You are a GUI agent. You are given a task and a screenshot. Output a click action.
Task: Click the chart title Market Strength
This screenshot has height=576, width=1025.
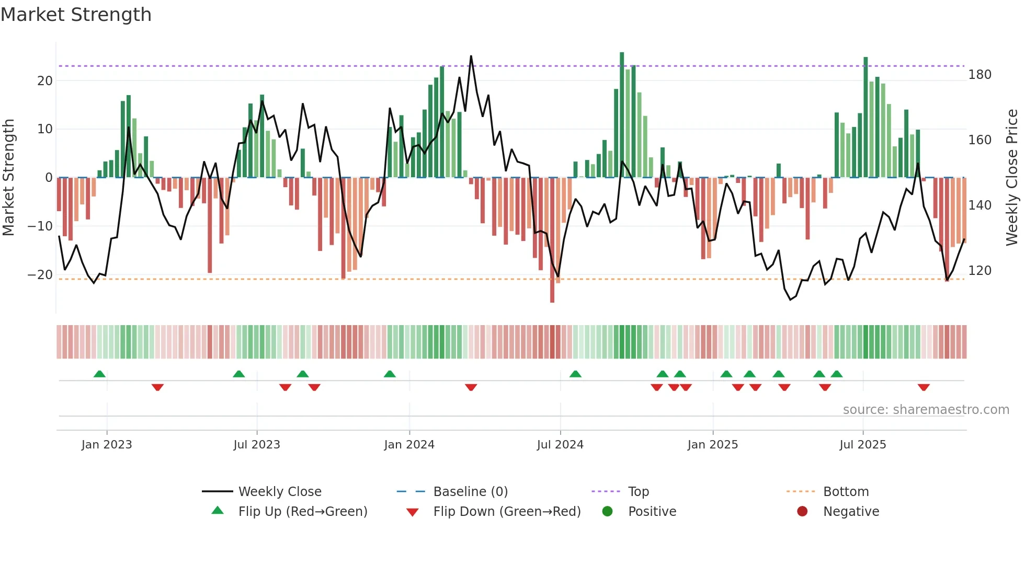[76, 15]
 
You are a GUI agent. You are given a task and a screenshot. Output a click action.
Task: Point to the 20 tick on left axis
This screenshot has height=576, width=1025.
[45, 81]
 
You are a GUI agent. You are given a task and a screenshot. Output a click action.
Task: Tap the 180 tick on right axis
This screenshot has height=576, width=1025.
[980, 75]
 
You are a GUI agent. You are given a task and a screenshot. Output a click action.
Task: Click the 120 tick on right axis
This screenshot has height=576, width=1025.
[980, 271]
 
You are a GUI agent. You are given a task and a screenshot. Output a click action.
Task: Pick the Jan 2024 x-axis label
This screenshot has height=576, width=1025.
[409, 445]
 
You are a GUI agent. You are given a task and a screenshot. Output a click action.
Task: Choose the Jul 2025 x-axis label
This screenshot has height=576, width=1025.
[862, 445]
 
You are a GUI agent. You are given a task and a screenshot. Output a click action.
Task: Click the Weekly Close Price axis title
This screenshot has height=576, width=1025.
[1012, 178]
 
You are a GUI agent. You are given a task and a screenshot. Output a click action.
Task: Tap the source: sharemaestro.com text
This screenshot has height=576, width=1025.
[926, 410]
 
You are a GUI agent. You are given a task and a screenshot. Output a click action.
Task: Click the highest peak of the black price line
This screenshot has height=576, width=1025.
[471, 56]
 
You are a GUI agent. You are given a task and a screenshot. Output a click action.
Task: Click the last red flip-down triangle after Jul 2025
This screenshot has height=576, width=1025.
[924, 387]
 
